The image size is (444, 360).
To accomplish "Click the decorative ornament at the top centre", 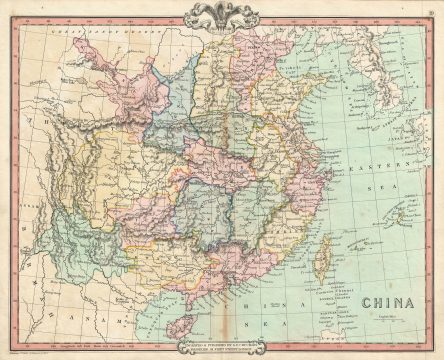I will coord(222,14).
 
